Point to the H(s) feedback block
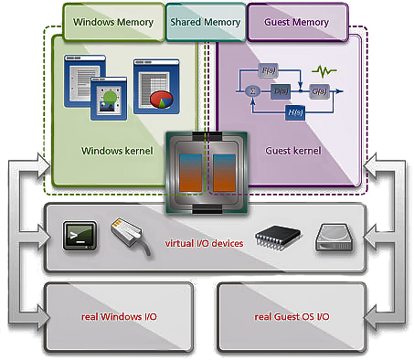click(294, 111)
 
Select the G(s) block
click(320, 90)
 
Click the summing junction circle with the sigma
click(253, 90)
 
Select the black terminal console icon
click(75, 236)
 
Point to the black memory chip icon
click(277, 236)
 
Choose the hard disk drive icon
click(334, 238)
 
